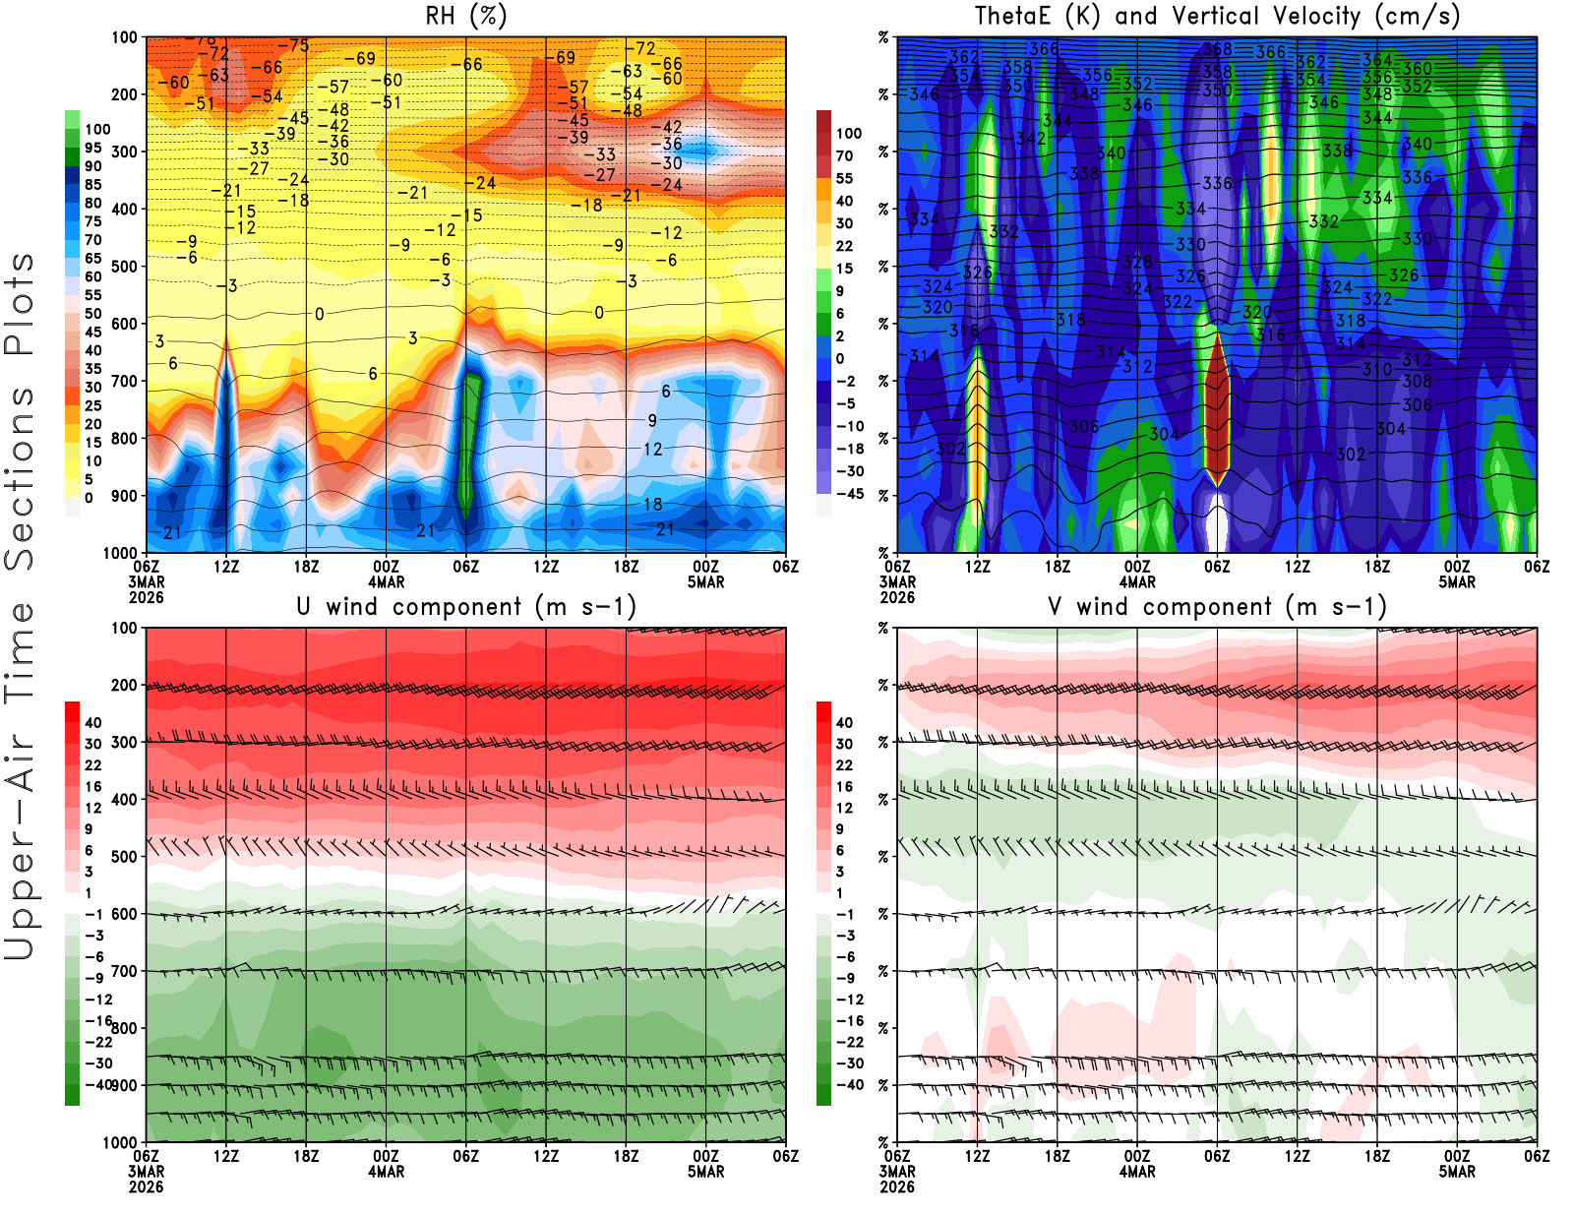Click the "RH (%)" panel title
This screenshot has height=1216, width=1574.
click(x=466, y=17)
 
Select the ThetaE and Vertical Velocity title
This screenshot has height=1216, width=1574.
click(x=1217, y=17)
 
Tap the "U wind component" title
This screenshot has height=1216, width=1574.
click(x=466, y=607)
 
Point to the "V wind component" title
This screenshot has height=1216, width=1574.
click(x=1217, y=607)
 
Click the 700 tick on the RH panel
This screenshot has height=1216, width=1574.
click(x=125, y=381)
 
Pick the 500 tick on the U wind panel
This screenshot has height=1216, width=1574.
click(x=125, y=857)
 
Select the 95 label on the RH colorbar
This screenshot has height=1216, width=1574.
click(x=92, y=148)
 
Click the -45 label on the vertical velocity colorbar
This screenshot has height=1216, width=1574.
click(x=849, y=494)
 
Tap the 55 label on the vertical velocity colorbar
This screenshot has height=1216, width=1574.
click(x=844, y=178)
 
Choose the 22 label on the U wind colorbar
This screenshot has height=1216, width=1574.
click(x=92, y=765)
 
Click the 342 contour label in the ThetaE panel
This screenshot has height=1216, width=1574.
click(x=1031, y=139)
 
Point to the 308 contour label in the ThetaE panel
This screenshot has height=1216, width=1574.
click(x=1417, y=382)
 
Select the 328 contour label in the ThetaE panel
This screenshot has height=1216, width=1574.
click(x=1137, y=263)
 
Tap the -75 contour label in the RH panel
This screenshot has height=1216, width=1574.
click(x=293, y=46)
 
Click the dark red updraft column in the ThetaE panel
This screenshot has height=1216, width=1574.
click(x=1218, y=408)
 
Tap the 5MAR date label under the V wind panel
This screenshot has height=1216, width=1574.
click(x=1457, y=1172)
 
